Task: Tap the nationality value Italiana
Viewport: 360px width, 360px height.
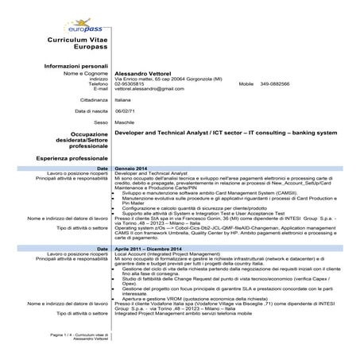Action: click(x=123, y=101)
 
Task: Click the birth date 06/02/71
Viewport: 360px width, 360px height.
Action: click(x=126, y=111)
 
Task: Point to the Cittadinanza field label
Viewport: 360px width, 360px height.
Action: click(x=94, y=101)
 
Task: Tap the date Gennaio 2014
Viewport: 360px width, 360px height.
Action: click(x=131, y=169)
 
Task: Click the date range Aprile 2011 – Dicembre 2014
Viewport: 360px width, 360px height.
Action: click(x=151, y=249)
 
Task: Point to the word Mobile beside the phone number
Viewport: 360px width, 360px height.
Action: click(x=246, y=83)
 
